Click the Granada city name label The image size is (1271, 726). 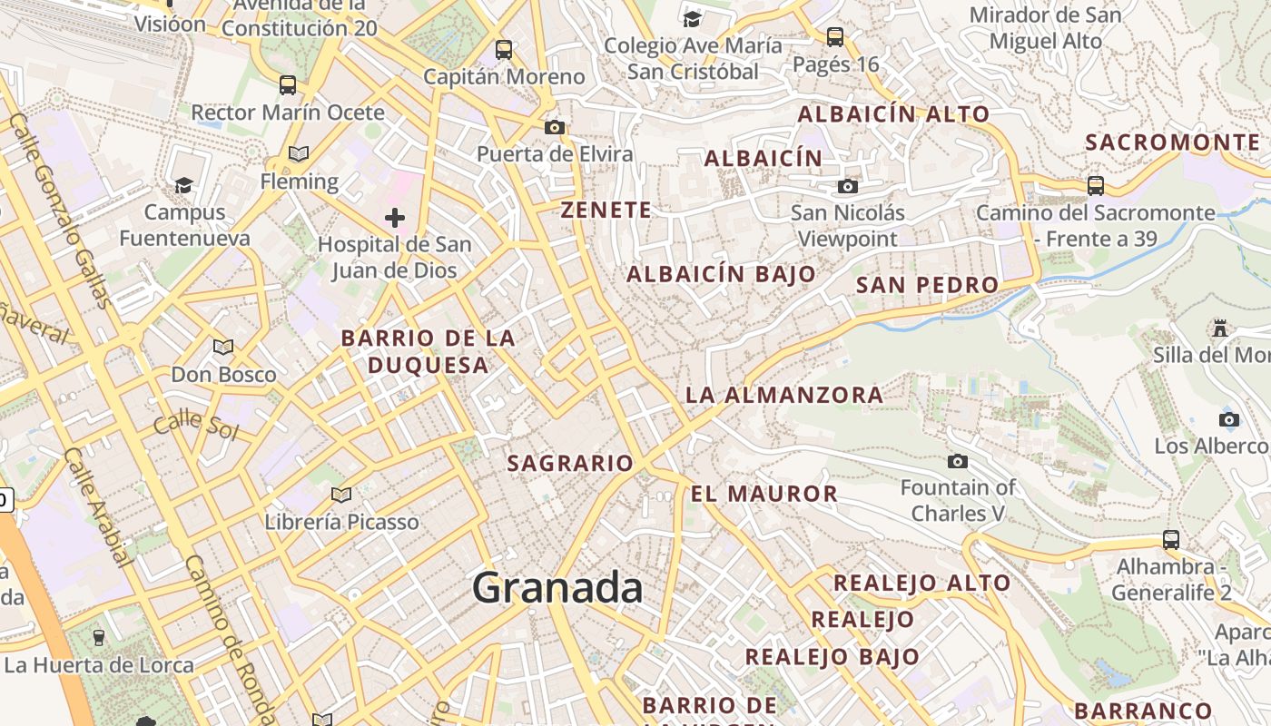pyautogui.click(x=557, y=588)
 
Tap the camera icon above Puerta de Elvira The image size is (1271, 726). pyautogui.click(x=555, y=127)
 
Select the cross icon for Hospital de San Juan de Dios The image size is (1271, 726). pyautogui.click(x=394, y=218)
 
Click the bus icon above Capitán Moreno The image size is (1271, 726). pyautogui.click(x=503, y=50)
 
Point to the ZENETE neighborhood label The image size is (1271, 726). pyautogui.click(x=606, y=211)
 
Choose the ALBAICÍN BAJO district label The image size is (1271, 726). pyautogui.click(x=721, y=274)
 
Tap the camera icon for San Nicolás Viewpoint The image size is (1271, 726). pyautogui.click(x=847, y=186)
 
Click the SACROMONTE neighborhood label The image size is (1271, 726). pyautogui.click(x=1173, y=142)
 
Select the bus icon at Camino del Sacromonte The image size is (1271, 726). pyautogui.click(x=1096, y=186)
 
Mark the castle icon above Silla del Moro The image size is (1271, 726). pyautogui.click(x=1219, y=328)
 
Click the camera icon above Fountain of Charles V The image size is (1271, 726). pyautogui.click(x=957, y=462)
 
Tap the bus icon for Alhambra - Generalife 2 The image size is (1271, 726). pyautogui.click(x=1171, y=540)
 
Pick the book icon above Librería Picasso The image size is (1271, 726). pyautogui.click(x=341, y=495)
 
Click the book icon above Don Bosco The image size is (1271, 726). pyautogui.click(x=223, y=347)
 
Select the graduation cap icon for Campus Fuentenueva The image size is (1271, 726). pyautogui.click(x=184, y=186)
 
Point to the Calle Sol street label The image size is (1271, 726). pyautogui.click(x=195, y=425)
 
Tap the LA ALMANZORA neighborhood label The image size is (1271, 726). pyautogui.click(x=783, y=395)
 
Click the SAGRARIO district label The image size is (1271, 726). pyautogui.click(x=570, y=464)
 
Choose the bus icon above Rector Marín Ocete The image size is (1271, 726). pyautogui.click(x=288, y=85)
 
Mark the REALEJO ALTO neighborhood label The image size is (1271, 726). pyautogui.click(x=921, y=583)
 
